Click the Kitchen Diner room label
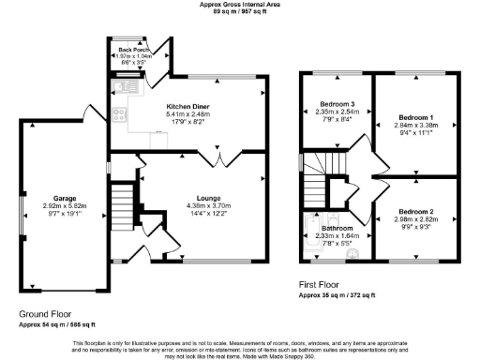coord(187,106)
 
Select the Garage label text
coord(64,199)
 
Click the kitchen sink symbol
coord(121,88)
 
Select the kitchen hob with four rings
coord(120,116)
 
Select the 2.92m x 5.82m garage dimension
coord(64,207)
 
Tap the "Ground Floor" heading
coord(44,314)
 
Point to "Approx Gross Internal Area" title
coord(240,5)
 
